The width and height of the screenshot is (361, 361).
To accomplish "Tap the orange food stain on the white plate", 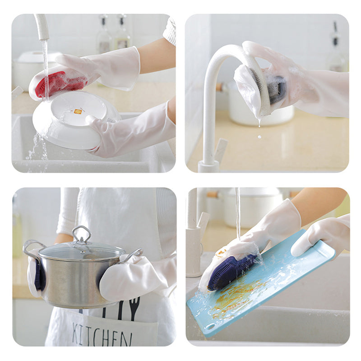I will click(78, 111).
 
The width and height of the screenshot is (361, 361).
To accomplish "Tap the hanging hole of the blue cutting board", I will click(209, 325).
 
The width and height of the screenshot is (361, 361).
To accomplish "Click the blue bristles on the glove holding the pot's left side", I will click(37, 275).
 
